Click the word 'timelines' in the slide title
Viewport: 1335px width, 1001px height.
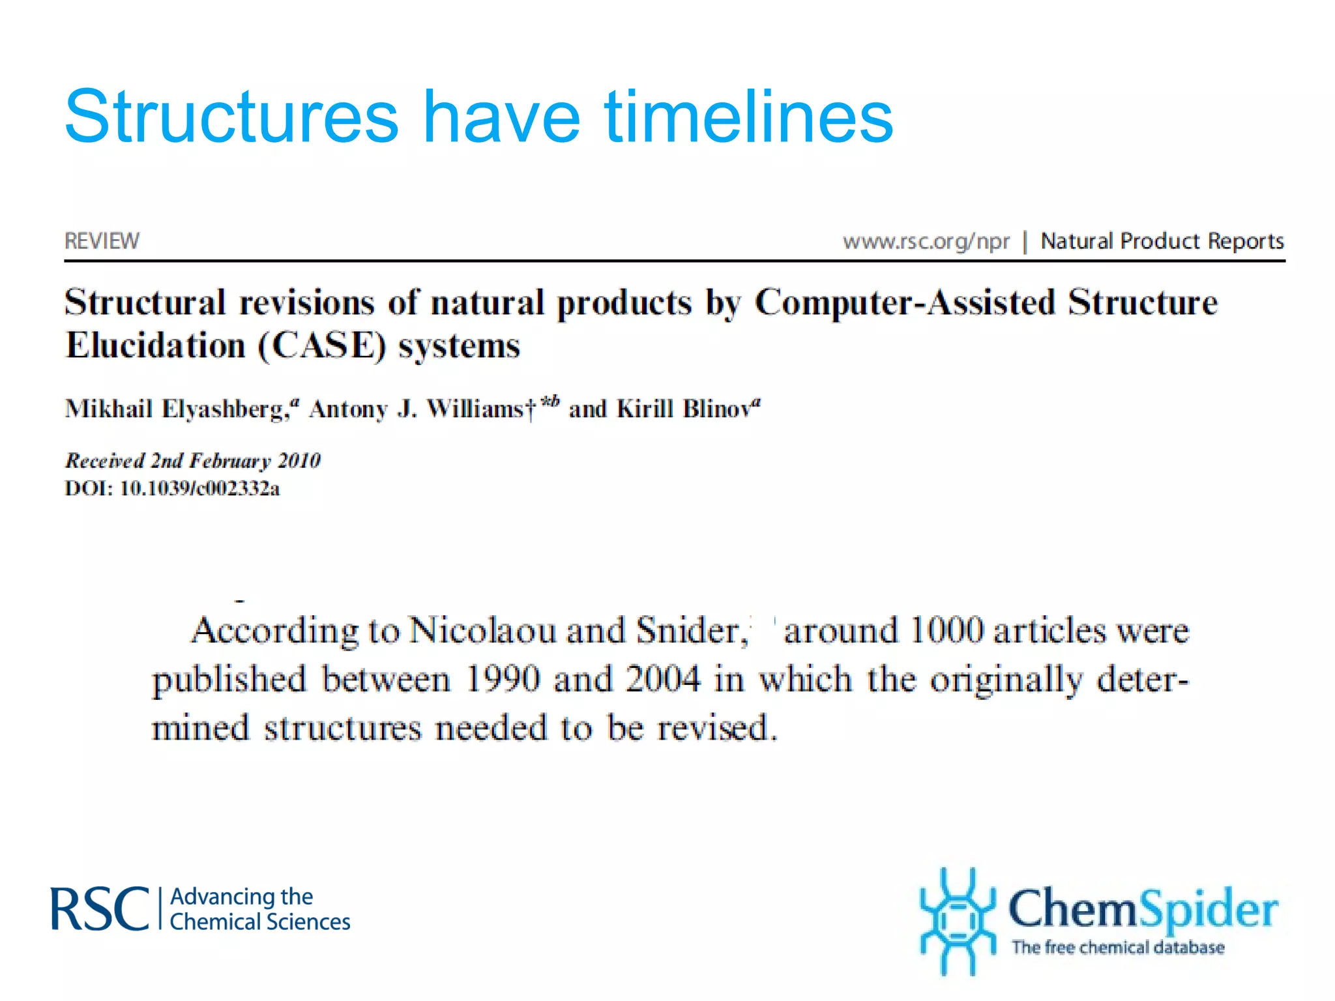click(x=748, y=117)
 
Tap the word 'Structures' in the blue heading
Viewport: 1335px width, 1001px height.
click(x=231, y=117)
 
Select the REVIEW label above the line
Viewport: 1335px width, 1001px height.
click(x=102, y=241)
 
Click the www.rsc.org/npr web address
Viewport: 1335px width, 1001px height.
click(x=926, y=242)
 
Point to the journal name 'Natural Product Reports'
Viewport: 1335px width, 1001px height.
click(x=1162, y=241)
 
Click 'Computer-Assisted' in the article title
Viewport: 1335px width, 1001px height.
click(x=905, y=303)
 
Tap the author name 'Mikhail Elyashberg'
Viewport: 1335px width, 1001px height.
click(x=176, y=409)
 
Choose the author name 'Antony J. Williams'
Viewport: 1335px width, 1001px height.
click(x=417, y=409)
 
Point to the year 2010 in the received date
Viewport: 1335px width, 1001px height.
click(x=299, y=461)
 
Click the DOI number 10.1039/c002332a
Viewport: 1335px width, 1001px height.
click(x=199, y=488)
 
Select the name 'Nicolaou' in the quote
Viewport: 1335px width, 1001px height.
click(x=482, y=631)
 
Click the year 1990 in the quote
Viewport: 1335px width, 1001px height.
click(x=503, y=679)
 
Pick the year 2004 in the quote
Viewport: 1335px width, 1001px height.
click(x=663, y=679)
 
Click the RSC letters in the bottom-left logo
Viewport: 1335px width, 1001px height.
click(x=100, y=909)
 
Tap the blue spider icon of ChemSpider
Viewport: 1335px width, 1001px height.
click(x=957, y=920)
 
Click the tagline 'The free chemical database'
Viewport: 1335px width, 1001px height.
click(x=1117, y=947)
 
